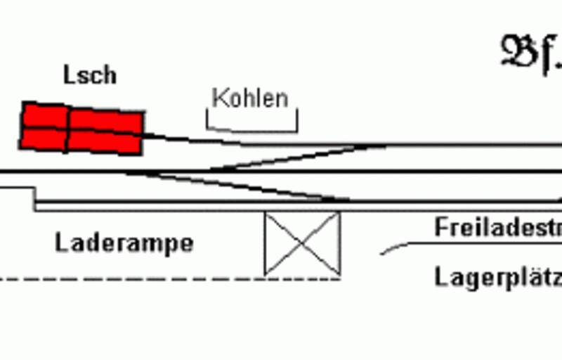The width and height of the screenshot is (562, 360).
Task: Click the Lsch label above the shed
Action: click(90, 75)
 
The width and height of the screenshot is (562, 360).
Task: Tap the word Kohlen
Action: click(250, 98)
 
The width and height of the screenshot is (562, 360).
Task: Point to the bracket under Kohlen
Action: click(251, 129)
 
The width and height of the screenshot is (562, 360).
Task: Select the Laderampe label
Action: click(124, 243)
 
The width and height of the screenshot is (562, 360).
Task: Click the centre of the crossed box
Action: click(302, 243)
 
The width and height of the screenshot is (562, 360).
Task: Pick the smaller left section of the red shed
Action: click(44, 127)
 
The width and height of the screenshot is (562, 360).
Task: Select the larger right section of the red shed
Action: click(105, 131)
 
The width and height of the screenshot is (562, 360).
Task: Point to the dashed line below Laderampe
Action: click(169, 278)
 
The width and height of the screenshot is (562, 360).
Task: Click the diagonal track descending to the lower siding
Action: click(239, 186)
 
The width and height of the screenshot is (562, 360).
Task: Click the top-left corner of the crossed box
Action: click(265, 214)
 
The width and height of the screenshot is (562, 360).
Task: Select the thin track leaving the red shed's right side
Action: click(190, 139)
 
